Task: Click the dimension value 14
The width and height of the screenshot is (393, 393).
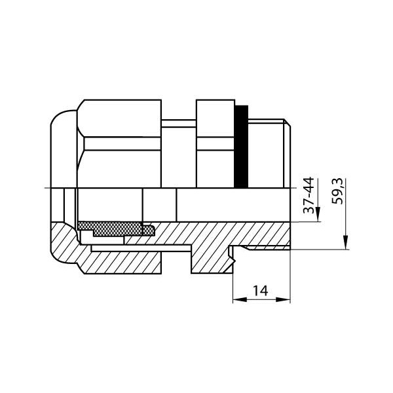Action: pos(260,291)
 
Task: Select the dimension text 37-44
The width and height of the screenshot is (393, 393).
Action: pos(309,195)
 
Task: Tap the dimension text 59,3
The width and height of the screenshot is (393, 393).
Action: pos(337,191)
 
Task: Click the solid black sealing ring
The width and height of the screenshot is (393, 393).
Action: pos(241,146)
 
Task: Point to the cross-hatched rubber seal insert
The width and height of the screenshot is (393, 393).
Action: pos(116,229)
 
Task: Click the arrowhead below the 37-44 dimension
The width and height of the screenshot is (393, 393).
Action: pos(318,214)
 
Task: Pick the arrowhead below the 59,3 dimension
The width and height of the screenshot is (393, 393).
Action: pos(346,242)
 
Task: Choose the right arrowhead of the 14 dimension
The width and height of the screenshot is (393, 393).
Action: pos(283,299)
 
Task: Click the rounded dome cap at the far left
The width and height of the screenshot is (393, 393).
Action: pos(64,149)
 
